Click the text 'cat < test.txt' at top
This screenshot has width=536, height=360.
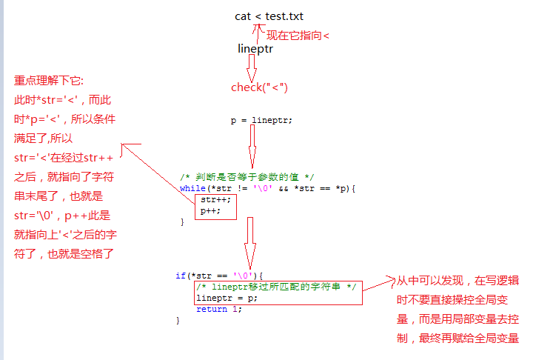269,16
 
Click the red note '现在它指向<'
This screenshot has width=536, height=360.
298,35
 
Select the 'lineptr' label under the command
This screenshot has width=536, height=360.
255,50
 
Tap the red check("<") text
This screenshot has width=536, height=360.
259,87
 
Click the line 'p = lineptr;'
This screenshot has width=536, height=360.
261,120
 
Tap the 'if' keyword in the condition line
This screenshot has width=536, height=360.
180,276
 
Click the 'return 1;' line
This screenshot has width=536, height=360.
218,309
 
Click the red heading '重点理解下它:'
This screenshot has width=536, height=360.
49,81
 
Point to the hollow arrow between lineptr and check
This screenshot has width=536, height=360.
251,68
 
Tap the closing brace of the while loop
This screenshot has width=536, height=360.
181,221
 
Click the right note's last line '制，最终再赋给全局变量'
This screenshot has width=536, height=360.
458,339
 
